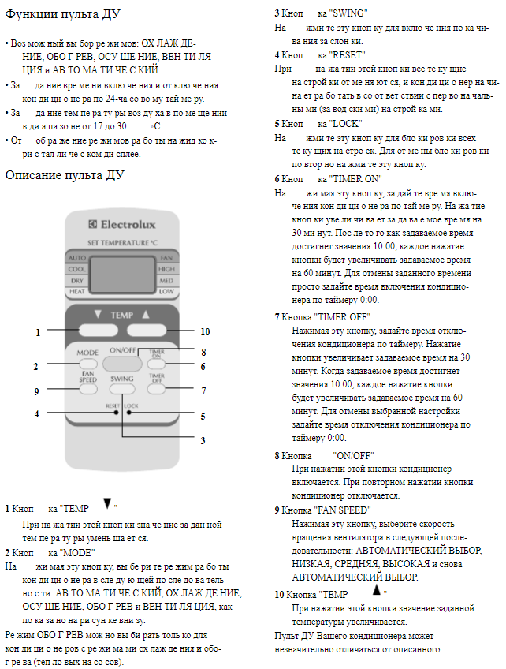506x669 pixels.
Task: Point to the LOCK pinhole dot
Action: click(x=125, y=405)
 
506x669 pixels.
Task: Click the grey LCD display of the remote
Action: click(x=123, y=273)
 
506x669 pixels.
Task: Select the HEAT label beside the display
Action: click(x=78, y=291)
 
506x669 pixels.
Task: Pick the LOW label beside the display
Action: click(x=166, y=291)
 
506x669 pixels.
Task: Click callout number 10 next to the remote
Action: click(x=205, y=332)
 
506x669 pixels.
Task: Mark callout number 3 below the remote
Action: click(x=203, y=439)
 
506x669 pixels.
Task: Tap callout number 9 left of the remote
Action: click(x=36, y=391)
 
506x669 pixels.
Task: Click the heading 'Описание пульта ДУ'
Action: click(x=65, y=175)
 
